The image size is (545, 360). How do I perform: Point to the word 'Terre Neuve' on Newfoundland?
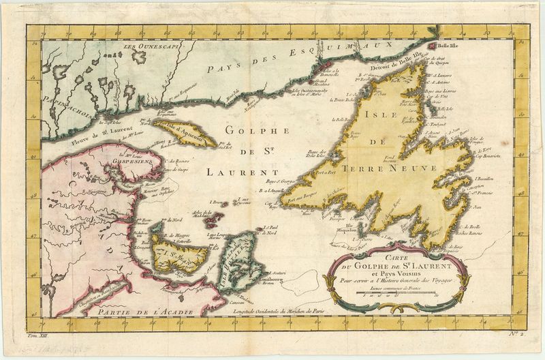(374, 167)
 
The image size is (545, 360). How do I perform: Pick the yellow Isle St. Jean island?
(178, 254)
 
